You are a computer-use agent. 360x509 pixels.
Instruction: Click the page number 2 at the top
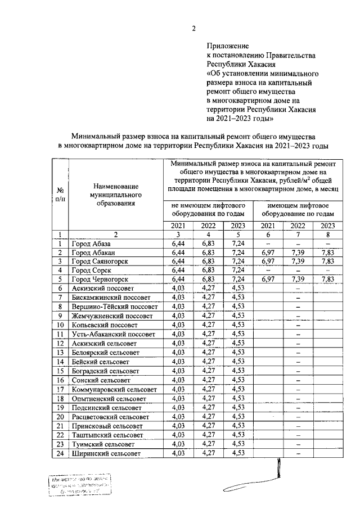194,30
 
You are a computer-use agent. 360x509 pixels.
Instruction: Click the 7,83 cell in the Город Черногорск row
327,280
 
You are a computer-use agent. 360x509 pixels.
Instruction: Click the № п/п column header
60,194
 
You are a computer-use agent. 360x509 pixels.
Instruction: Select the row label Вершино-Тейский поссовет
112,307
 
